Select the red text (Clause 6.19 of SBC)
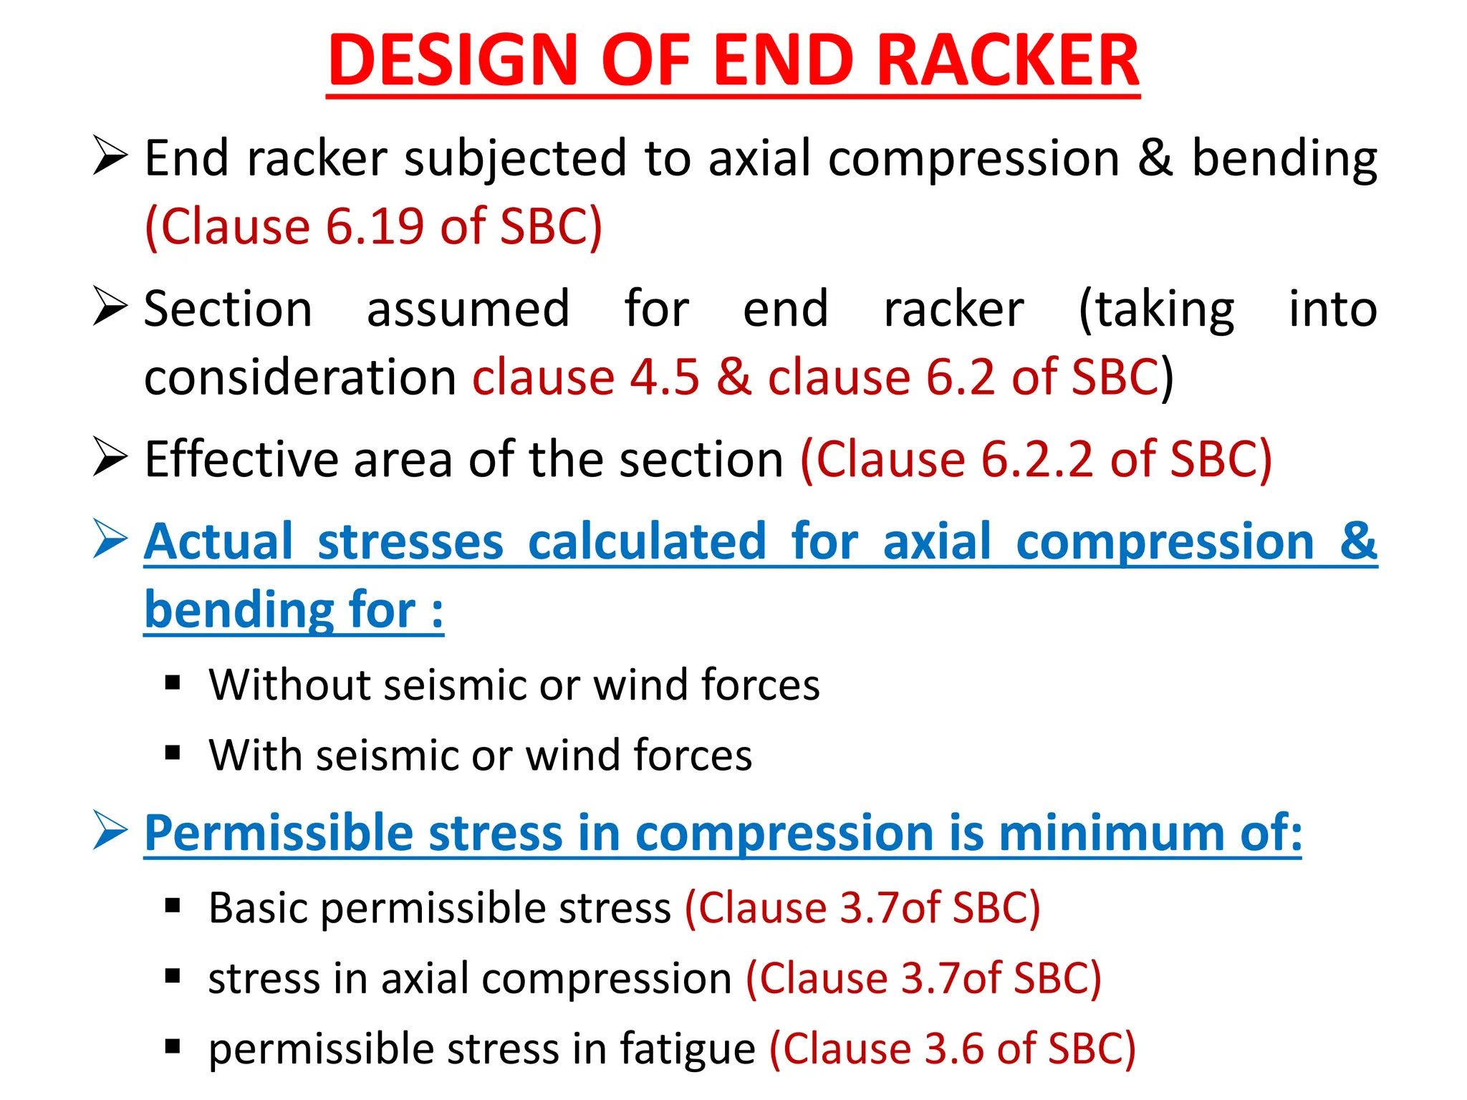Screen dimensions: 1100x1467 [373, 227]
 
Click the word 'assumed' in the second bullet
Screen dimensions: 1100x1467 [468, 309]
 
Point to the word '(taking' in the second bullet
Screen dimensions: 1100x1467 [1156, 309]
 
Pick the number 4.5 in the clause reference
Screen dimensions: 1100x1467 [664, 377]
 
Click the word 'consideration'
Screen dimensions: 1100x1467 [300, 377]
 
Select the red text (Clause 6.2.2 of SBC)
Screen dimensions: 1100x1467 [1036, 459]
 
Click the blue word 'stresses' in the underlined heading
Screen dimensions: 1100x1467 [410, 541]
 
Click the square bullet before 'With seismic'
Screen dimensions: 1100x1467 [173, 753]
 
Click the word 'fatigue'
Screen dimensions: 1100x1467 [687, 1049]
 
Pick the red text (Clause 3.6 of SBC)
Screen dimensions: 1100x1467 [953, 1049]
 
